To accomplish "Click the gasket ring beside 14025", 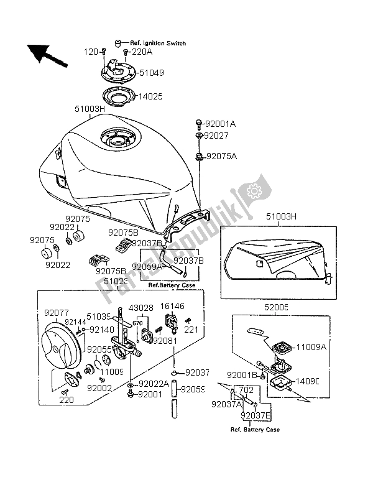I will [117, 96].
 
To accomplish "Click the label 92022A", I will [153, 384].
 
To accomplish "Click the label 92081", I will [165, 341].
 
